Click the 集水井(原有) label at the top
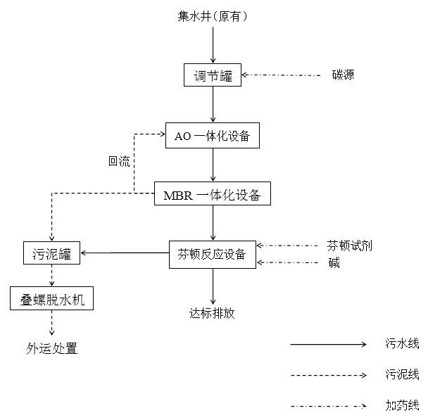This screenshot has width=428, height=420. pos(213,15)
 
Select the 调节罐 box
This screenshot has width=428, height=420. pos(213,75)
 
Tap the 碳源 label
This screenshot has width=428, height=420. pos(344,75)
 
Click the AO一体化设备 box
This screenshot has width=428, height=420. pos(213,136)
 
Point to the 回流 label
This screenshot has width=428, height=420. pos(119,161)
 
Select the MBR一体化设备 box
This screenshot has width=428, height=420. pos(212,195)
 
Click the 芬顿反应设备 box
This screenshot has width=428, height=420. pos(212,254)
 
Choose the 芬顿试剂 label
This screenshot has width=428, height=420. pos(349,246)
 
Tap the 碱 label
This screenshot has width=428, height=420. pos(333,263)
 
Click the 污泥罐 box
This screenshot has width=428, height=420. pos(51,254)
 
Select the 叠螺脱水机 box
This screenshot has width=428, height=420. pos(51,299)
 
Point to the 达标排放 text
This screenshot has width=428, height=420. pos(212,313)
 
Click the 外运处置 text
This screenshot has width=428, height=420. pos(51,348)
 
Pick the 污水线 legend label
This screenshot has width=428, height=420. pos(402,344)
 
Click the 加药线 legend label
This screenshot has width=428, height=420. pos(402,405)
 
